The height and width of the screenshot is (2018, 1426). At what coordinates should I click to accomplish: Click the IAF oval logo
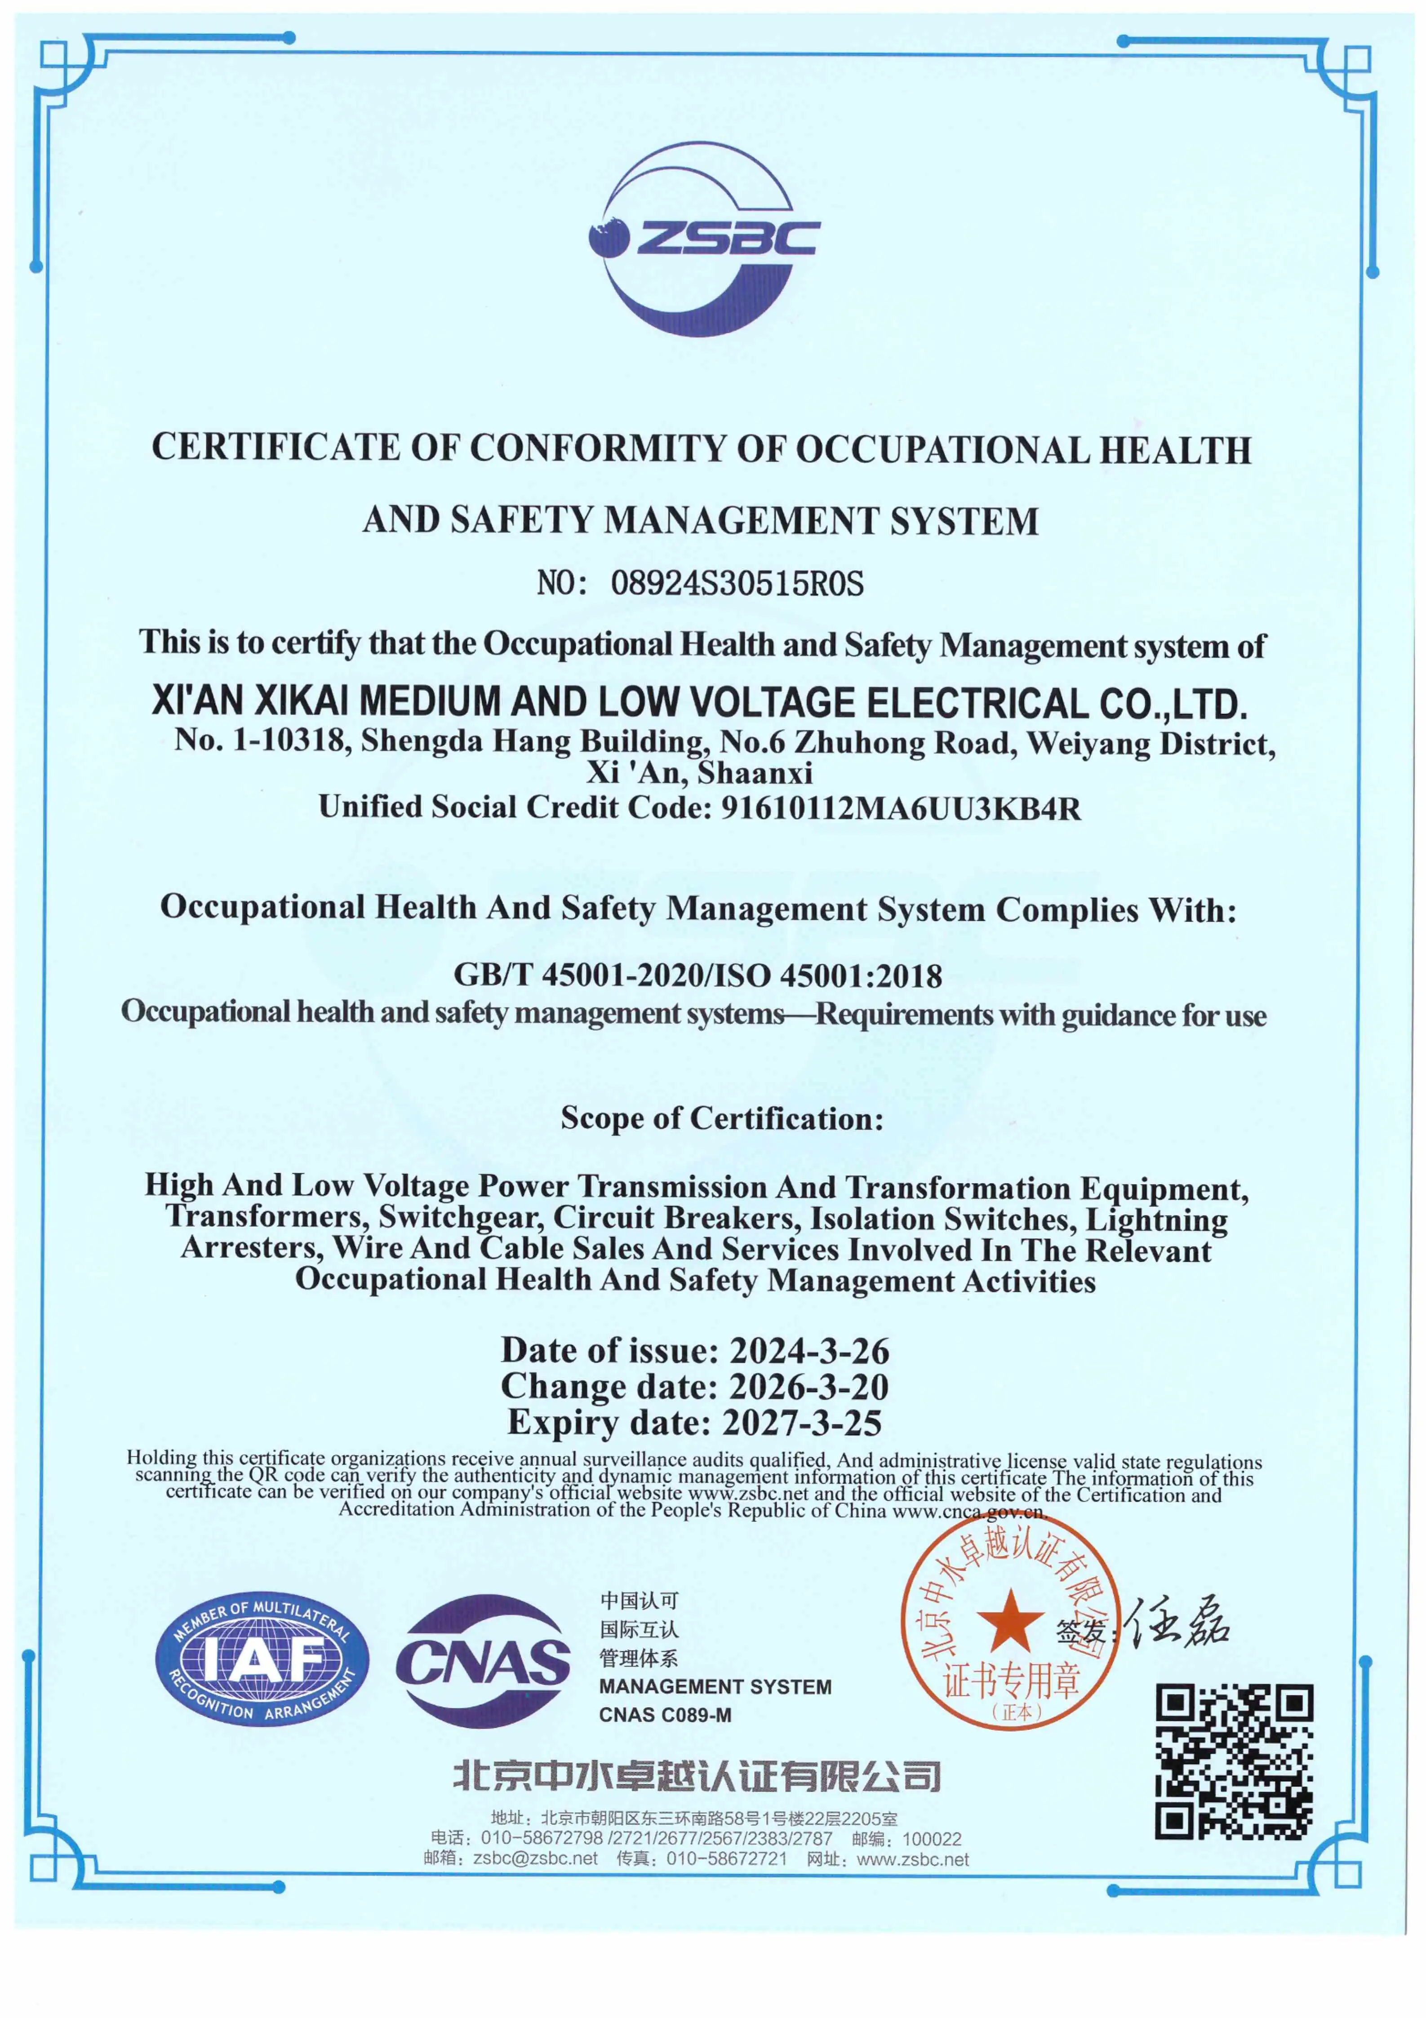262,1660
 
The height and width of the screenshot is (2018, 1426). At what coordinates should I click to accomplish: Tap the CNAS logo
482,1660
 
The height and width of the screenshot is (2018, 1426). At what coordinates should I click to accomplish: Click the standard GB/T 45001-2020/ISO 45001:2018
697,975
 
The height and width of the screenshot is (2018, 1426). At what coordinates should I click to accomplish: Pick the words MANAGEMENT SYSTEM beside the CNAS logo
715,1687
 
